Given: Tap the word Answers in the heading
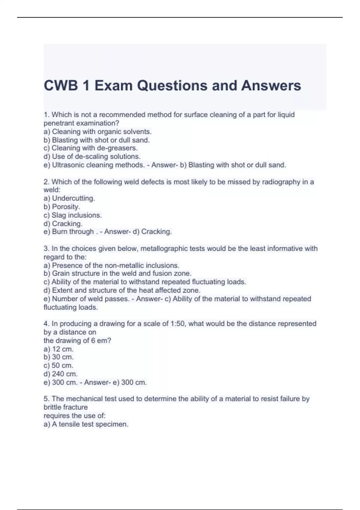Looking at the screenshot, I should (x=271, y=86).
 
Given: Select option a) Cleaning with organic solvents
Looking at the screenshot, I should (x=97, y=131).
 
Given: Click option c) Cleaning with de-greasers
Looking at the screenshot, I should (x=90, y=148).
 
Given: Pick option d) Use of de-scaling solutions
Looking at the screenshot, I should (x=92, y=157).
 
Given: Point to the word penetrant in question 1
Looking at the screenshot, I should (x=59, y=123).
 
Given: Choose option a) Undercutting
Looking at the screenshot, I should (x=69, y=198).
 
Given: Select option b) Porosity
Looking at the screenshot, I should (x=62, y=207).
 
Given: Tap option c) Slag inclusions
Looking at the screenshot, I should (x=73, y=215).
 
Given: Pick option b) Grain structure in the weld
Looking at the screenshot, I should (x=117, y=274).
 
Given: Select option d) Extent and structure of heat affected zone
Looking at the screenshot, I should (x=122, y=290).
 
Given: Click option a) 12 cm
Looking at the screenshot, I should (x=58, y=349).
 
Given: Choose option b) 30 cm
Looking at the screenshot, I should (x=58, y=357).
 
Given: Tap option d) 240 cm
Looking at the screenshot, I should (x=61, y=374).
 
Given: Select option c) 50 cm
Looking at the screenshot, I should (x=58, y=365).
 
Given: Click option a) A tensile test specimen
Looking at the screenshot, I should (x=86, y=424).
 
